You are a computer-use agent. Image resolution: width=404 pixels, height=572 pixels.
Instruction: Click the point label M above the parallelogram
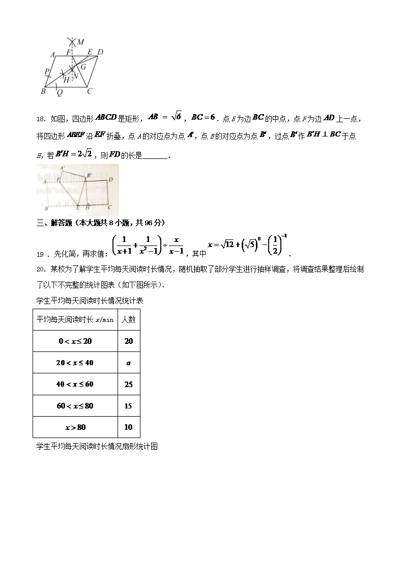[80, 41]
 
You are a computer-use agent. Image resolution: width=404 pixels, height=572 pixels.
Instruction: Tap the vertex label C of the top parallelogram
[89, 91]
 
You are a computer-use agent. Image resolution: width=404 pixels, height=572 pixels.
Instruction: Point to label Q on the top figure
[60, 92]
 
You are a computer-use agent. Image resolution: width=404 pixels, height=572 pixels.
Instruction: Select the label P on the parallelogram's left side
[47, 71]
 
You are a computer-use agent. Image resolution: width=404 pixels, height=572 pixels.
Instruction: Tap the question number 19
[40, 253]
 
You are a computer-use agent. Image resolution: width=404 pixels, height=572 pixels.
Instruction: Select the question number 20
[40, 269]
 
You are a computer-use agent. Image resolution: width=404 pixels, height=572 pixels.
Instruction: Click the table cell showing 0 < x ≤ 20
[75, 341]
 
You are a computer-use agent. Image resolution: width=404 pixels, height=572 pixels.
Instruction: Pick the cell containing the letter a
[128, 363]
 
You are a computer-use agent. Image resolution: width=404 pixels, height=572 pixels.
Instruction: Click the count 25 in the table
[128, 384]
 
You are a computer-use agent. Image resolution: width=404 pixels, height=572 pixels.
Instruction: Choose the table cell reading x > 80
[75, 427]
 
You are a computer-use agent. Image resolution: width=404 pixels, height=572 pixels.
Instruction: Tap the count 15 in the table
[128, 406]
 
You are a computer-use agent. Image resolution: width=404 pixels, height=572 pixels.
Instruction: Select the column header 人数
[128, 319]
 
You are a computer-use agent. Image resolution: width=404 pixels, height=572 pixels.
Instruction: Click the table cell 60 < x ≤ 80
[75, 406]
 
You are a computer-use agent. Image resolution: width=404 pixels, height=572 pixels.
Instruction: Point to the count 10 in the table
[128, 427]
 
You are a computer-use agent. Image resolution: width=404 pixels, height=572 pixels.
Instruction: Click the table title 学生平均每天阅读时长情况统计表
[90, 301]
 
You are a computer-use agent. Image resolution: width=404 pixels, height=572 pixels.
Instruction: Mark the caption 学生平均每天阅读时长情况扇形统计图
[97, 446]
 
